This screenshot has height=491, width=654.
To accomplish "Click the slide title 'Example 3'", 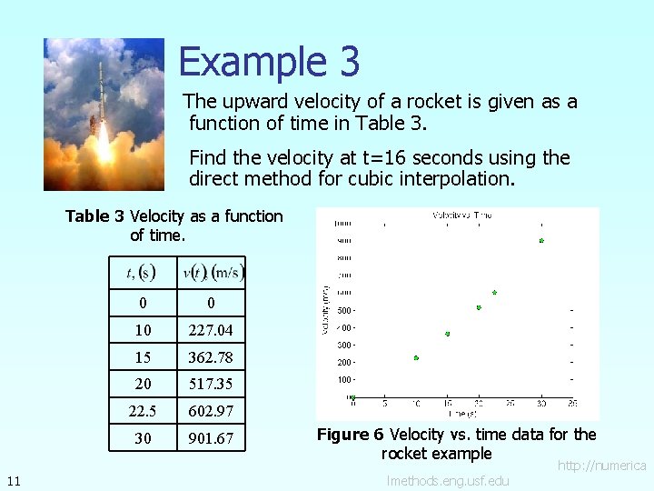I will pos(269,62).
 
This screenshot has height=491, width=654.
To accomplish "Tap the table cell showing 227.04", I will pos(211,330).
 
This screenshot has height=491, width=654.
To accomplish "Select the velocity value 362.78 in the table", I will pos(211,357).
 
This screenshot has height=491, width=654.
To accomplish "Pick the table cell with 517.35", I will pos(211,384).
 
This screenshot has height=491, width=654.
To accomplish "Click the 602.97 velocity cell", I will pos(211,411).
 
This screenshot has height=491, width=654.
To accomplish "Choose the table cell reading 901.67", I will pos(211,438).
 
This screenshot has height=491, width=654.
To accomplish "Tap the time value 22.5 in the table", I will pos(143,411).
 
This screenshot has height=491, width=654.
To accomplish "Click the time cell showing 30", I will pos(143,438).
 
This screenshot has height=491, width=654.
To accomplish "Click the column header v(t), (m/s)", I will pos(213,272).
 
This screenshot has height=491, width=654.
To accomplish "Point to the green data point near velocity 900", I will pos(540,241).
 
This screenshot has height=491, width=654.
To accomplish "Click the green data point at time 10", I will pos(416,358).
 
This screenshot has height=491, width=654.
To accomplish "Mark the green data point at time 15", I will pos(448,335).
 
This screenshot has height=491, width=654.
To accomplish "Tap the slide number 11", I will pos(13,480).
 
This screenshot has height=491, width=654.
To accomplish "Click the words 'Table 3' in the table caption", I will pos(94,216).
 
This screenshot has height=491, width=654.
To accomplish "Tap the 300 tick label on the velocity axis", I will pos(344,345).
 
